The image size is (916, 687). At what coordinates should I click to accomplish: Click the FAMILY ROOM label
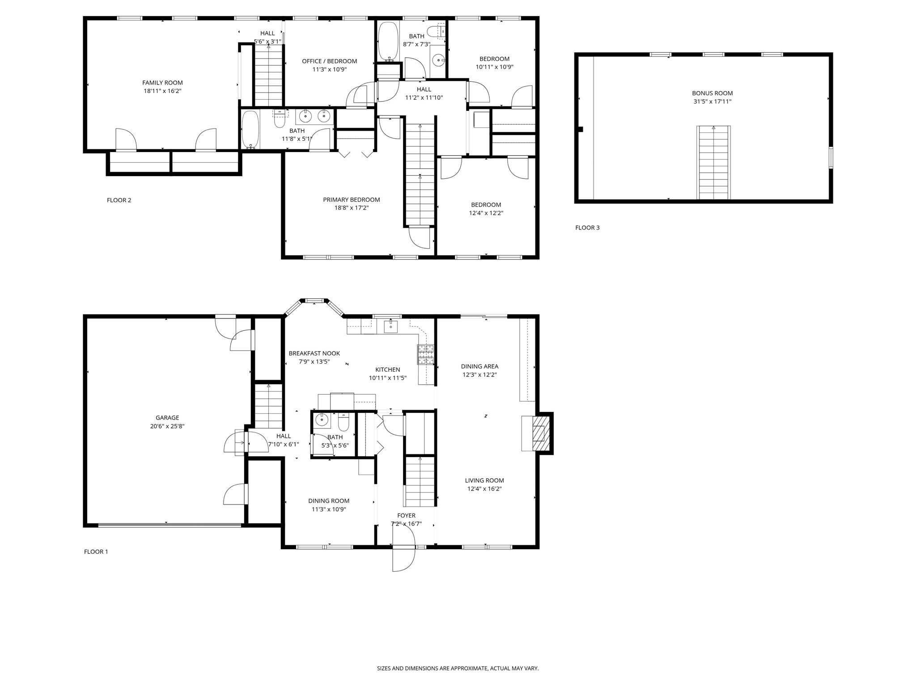pos(162,83)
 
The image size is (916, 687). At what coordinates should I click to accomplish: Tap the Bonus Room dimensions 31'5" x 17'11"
pos(712,102)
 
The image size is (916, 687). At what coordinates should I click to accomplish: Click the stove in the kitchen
pos(426,354)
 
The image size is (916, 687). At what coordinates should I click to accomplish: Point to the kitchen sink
pos(391,327)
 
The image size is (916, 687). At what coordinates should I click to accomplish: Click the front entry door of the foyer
pos(404,558)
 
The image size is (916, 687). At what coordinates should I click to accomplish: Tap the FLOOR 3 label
pos(587,228)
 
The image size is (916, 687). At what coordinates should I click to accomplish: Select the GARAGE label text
pos(167,418)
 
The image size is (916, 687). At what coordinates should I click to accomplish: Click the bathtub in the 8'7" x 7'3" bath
pos(388,41)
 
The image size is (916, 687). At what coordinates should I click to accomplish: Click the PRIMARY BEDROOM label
pos(352,200)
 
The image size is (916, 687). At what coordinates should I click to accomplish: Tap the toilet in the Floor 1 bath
pos(343,421)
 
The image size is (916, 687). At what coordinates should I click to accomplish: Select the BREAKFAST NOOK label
pos(314,353)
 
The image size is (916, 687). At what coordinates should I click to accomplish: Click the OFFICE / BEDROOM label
pos(329,61)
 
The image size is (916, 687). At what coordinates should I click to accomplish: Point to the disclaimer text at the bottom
pos(458,668)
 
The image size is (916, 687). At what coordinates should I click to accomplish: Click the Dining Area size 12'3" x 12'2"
pos(479,375)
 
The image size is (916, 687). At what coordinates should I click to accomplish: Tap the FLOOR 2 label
pos(119,200)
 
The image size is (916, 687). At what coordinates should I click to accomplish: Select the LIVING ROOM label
pos(484,480)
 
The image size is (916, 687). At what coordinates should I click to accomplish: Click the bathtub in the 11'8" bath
pos(250,129)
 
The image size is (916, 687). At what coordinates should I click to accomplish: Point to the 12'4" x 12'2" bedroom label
pos(486,205)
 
